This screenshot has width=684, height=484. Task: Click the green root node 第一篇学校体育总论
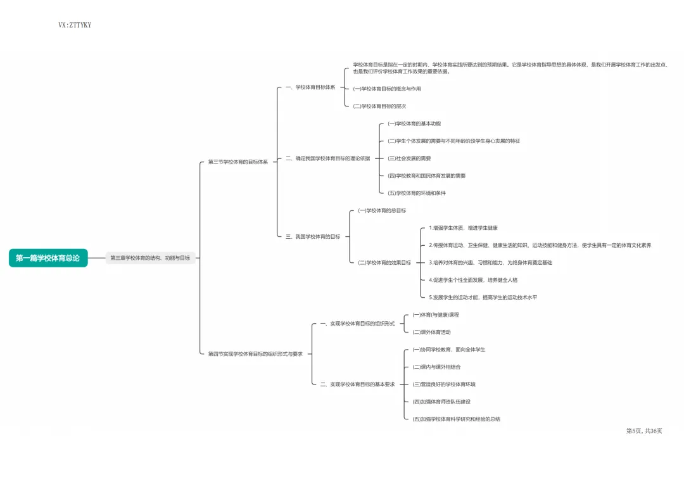click(x=48, y=258)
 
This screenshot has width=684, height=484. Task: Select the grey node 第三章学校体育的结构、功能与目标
click(x=150, y=258)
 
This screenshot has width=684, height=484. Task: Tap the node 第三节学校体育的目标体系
click(x=238, y=162)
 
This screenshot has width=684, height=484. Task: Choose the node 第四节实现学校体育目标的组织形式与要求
click(x=255, y=354)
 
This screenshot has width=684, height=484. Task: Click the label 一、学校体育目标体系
click(x=310, y=87)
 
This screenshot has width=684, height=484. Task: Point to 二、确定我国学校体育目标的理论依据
click(x=327, y=158)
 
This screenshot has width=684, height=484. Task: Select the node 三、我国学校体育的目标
click(x=313, y=237)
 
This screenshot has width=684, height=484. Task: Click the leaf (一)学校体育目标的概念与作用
click(x=386, y=89)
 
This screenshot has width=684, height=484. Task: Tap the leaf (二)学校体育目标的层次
click(x=379, y=106)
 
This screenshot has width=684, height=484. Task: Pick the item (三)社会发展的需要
click(x=409, y=158)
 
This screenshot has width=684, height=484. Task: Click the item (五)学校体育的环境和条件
click(x=416, y=193)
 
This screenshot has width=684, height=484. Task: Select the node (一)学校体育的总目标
click(x=382, y=210)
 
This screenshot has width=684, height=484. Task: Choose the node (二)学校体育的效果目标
click(x=384, y=262)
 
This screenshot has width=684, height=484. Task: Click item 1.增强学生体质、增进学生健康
click(x=463, y=228)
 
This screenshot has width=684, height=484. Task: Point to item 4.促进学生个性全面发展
click(x=473, y=280)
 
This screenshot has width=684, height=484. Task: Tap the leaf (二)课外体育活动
click(x=431, y=332)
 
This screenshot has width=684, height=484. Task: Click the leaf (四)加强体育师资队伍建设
click(x=441, y=402)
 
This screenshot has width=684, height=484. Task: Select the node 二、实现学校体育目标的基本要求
click(x=357, y=384)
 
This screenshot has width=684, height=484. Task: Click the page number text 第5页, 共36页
click(x=643, y=431)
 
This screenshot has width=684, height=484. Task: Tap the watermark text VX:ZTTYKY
click(x=75, y=25)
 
